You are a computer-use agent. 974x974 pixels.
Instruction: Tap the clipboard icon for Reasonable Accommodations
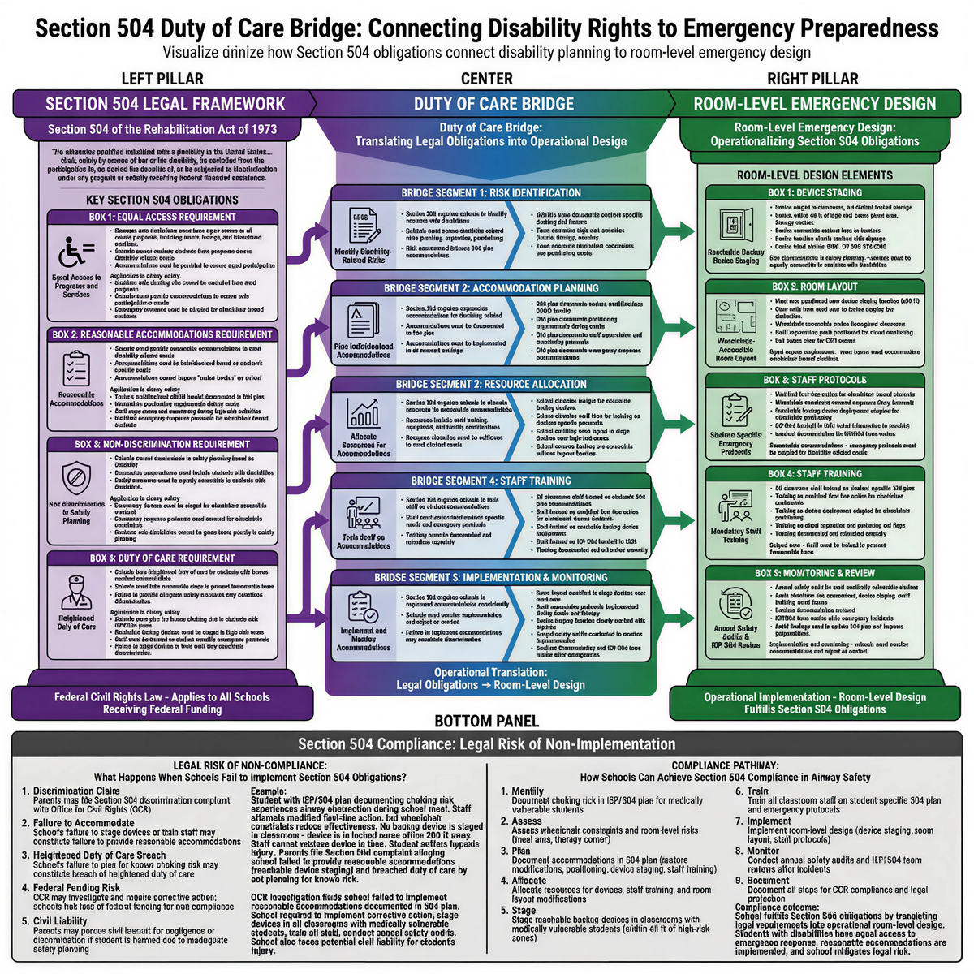pos(76,368)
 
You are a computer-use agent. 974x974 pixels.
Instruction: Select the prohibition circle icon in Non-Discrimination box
pos(76,475)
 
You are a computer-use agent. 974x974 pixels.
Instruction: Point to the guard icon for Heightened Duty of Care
pos(76,590)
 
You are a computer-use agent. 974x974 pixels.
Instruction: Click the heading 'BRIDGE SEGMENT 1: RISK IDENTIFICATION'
pos(490,193)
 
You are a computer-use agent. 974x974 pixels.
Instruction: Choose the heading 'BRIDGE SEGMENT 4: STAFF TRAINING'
pos(490,481)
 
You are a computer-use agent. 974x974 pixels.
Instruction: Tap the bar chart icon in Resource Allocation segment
pos(363,412)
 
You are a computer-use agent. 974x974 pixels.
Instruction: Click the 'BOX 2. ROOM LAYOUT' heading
pos(814,287)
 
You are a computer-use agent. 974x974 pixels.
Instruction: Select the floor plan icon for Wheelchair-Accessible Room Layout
pos(736,316)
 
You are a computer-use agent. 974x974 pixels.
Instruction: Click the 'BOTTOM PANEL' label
pos(486,721)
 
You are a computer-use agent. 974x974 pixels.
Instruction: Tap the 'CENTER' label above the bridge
pos(486,79)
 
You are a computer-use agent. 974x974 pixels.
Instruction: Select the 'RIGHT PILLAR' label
pos(812,79)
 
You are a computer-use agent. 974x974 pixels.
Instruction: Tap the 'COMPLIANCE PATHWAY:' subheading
pos(725,765)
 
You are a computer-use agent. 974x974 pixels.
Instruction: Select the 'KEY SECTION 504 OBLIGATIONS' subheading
pos(162,200)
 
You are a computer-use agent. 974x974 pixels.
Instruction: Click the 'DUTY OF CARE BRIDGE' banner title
pos(493,104)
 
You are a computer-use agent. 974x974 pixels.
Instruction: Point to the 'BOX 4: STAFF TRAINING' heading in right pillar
pos(814,473)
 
